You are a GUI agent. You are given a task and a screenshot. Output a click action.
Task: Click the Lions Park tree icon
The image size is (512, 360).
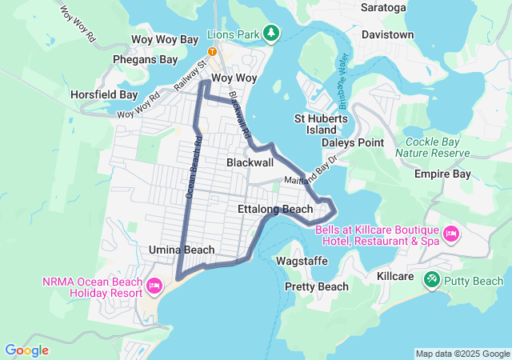point(273,33)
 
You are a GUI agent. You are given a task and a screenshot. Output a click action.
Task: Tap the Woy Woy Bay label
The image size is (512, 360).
point(164,39)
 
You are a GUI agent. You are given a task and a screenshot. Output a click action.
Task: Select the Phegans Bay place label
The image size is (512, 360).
point(145,59)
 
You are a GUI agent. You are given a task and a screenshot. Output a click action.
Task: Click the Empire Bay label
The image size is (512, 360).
point(442,174)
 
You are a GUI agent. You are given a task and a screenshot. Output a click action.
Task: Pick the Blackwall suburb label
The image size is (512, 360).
point(250,162)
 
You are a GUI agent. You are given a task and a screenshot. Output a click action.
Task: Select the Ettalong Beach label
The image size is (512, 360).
point(275,209)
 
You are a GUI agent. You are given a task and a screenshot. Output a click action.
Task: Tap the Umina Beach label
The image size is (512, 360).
point(182,250)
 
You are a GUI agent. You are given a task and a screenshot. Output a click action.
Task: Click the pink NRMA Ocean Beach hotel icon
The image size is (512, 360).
point(155,284)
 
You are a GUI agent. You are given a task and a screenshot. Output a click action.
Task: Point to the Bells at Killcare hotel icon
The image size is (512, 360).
point(450,234)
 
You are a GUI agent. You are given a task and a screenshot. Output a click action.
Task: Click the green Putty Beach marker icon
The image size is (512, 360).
point(432,279)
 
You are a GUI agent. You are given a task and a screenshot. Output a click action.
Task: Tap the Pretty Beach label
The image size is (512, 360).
point(317,286)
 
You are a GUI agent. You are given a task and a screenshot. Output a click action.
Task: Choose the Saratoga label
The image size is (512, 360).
point(384,8)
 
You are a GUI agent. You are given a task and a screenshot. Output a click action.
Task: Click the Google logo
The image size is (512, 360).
point(26,350)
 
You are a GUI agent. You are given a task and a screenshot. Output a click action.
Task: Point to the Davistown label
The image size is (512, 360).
point(387,35)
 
